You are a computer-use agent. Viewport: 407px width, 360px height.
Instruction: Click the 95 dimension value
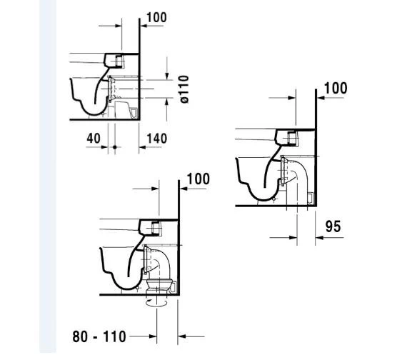click(333, 226)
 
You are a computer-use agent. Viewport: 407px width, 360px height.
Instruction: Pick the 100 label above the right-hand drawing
click(335, 89)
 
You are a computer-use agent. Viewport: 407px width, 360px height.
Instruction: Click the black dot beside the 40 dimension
click(114, 147)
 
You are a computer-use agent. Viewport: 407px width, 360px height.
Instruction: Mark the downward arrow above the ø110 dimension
click(166, 74)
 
